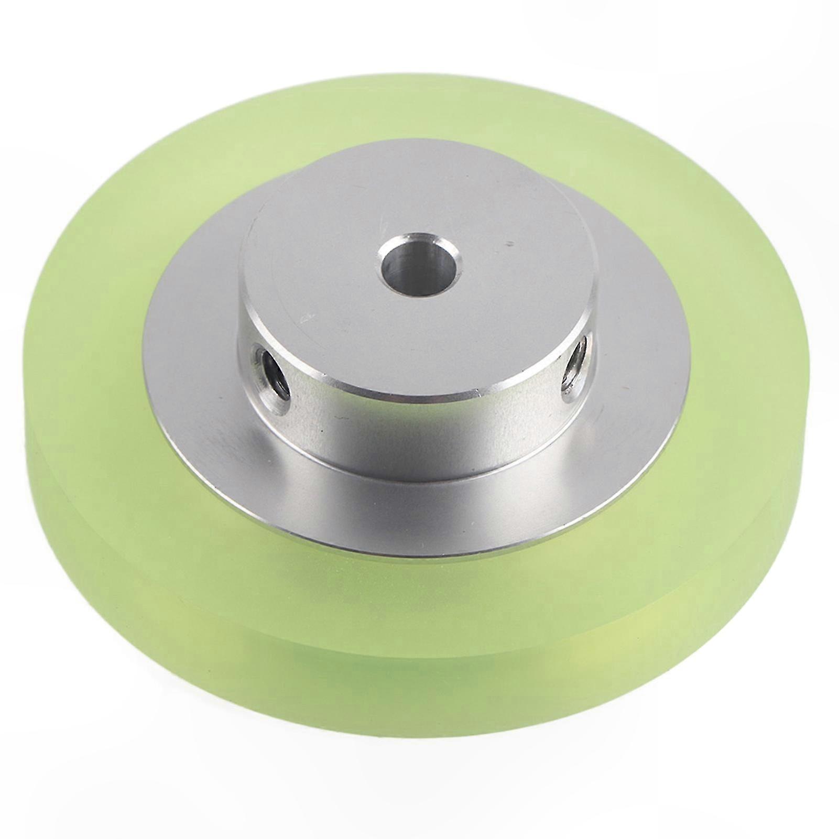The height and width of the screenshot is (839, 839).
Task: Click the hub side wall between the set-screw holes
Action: click(x=419, y=424)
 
